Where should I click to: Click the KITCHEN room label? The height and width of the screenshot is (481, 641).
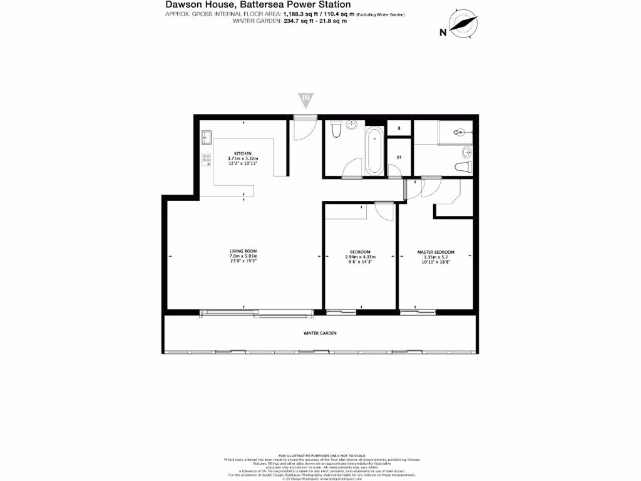(243, 153)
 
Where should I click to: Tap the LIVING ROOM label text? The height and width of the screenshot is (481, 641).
(244, 251)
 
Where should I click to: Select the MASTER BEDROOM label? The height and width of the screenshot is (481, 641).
(436, 252)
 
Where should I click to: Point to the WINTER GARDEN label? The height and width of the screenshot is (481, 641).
(320, 333)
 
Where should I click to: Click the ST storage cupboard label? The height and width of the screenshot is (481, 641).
(398, 157)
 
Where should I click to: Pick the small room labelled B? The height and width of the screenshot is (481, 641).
(398, 128)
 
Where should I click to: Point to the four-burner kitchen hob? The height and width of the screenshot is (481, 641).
(206, 159)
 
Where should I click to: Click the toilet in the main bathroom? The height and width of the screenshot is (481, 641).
(336, 128)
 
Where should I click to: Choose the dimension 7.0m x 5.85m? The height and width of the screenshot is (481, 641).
(244, 257)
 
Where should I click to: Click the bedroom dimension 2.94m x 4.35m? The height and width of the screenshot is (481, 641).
(360, 257)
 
